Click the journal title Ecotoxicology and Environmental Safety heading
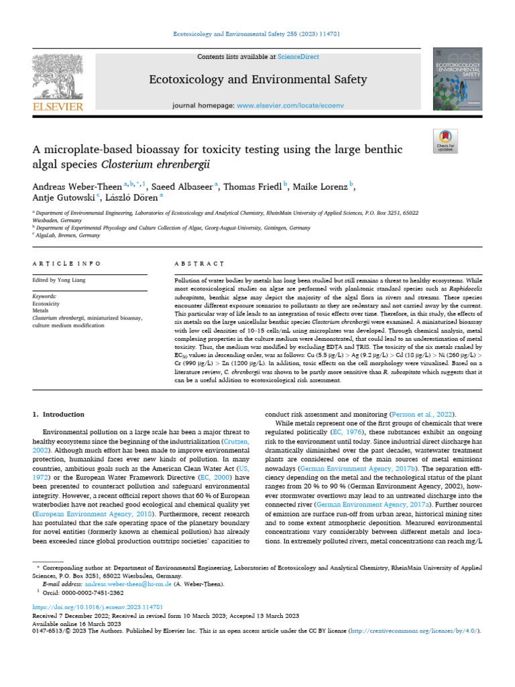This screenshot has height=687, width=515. (257, 80)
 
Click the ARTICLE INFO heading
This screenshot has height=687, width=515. (67, 264)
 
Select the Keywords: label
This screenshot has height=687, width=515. (46, 296)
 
